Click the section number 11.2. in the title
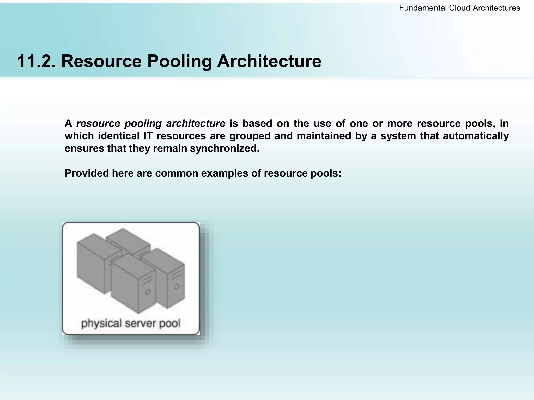(36, 61)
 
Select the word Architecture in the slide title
(269, 61)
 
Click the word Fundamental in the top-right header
(423, 8)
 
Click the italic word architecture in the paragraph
(196, 123)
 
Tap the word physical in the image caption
(101, 324)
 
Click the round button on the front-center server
(148, 292)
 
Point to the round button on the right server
(177, 286)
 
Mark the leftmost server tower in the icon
(91, 263)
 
